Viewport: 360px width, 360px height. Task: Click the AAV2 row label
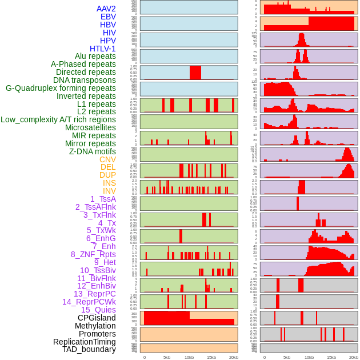point(106,9)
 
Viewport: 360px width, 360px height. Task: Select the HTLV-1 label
point(103,49)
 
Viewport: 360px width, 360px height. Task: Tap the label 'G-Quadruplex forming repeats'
point(61,88)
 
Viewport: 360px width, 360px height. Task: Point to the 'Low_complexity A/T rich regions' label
point(58,119)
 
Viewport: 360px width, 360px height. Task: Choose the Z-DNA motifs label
point(93,151)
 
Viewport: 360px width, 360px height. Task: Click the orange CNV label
point(107,159)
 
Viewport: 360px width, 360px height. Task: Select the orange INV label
point(109,191)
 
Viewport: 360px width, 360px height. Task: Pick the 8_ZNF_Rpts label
point(93,254)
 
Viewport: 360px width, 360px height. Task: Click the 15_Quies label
point(98,310)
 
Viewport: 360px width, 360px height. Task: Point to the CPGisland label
point(97,318)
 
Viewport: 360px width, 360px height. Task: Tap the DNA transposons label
point(85,80)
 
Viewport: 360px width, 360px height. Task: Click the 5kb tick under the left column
point(167,357)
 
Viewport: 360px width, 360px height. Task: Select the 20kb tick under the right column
point(354,357)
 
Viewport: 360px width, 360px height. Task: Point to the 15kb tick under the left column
point(211,357)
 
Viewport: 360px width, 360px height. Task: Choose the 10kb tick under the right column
point(309,357)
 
